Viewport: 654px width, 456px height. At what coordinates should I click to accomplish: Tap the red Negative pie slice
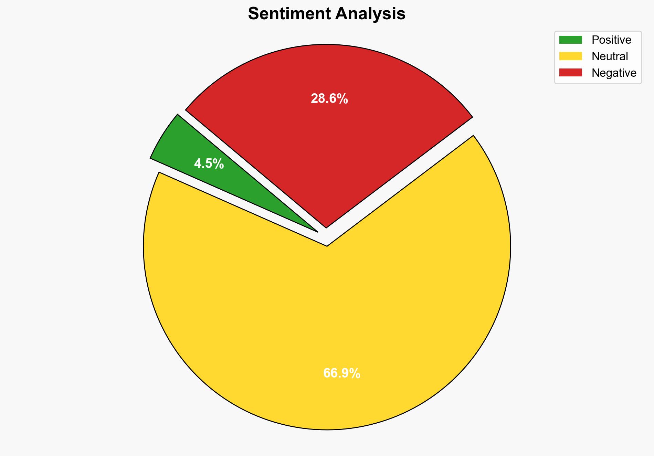point(327,138)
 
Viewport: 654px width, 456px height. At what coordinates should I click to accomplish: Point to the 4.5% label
point(209,164)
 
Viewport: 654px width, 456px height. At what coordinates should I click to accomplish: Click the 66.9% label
point(341,373)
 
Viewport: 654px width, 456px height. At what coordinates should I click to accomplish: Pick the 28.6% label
point(329,99)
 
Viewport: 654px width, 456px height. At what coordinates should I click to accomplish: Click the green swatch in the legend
point(570,40)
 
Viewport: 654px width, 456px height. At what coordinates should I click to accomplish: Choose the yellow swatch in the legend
point(570,56)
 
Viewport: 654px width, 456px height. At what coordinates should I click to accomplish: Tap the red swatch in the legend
point(570,73)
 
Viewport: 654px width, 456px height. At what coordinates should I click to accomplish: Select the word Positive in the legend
point(611,40)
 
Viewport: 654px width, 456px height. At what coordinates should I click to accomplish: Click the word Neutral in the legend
point(610,56)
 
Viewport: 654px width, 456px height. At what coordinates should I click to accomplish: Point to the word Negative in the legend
point(614,73)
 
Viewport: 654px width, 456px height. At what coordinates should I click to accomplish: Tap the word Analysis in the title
point(370,14)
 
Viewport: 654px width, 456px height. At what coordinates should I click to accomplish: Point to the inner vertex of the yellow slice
point(327,245)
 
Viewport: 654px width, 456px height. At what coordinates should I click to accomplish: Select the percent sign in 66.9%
point(356,373)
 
